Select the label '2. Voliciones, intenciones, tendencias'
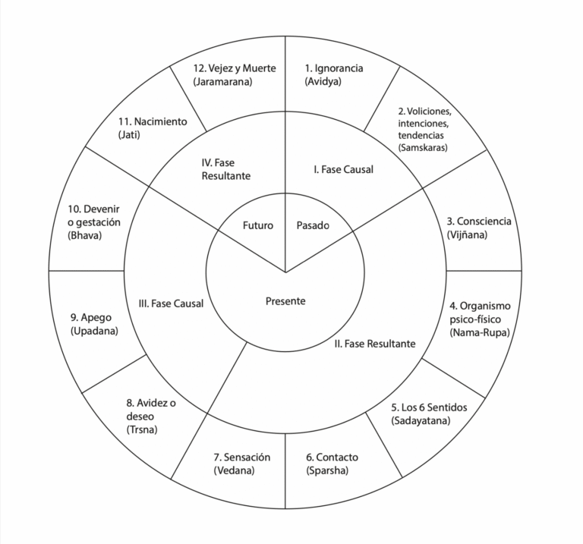pos(428,123)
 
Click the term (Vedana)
pos(234,470)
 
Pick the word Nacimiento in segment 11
pos(159,121)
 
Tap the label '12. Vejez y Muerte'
pos(235,68)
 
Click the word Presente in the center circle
pos(285,301)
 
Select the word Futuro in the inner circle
pos(258,225)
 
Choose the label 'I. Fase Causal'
pos(342,169)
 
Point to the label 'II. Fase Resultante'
pos(375,344)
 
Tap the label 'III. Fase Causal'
pos(171,303)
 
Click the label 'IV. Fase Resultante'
pos(226,168)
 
